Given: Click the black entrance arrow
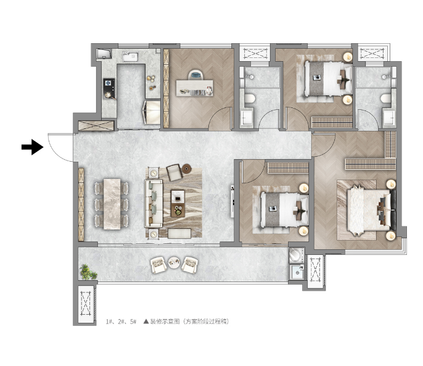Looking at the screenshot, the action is pos(32,147).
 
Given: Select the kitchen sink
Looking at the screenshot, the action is pos(130,56).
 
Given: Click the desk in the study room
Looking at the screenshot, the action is pos(194,88).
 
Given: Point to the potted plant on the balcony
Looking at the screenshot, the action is pos(88,272).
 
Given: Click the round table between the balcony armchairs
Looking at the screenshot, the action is pos(174,262).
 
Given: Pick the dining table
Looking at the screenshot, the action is pos(112,204).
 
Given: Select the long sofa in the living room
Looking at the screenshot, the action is pos(154,203).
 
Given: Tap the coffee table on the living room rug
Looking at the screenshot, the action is pos(178,204).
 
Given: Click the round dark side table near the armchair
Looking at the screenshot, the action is pos(186,169).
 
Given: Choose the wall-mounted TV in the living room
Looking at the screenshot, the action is pos(232,201).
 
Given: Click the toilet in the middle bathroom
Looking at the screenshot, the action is pos(250,98).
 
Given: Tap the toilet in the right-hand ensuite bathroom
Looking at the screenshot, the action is pos(386,98).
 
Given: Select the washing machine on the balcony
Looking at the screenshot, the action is pos(296,256).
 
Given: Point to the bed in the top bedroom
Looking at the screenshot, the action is pos(328,78).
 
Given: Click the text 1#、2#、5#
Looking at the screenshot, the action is pos(121,322).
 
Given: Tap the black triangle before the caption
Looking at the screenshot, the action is pos(146,322).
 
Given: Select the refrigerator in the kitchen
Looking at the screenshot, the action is pos(152,112).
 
